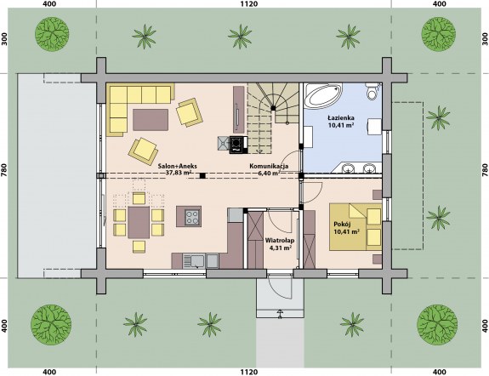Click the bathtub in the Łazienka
click(323, 95)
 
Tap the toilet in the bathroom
click(372, 91)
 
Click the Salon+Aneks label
click(177, 166)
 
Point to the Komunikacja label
click(269, 166)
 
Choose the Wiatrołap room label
click(280, 241)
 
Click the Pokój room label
click(343, 224)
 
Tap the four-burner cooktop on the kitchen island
click(192, 217)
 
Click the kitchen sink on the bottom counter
click(194, 261)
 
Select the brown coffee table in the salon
click(151, 119)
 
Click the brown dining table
click(139, 223)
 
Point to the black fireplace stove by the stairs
click(236, 145)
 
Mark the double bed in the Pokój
click(355, 227)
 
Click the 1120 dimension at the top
click(249, 3)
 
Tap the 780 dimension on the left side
click(4, 170)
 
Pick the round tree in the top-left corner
click(52, 34)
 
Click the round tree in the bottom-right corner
click(437, 325)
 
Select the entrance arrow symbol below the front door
click(280, 314)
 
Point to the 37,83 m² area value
click(179, 173)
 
